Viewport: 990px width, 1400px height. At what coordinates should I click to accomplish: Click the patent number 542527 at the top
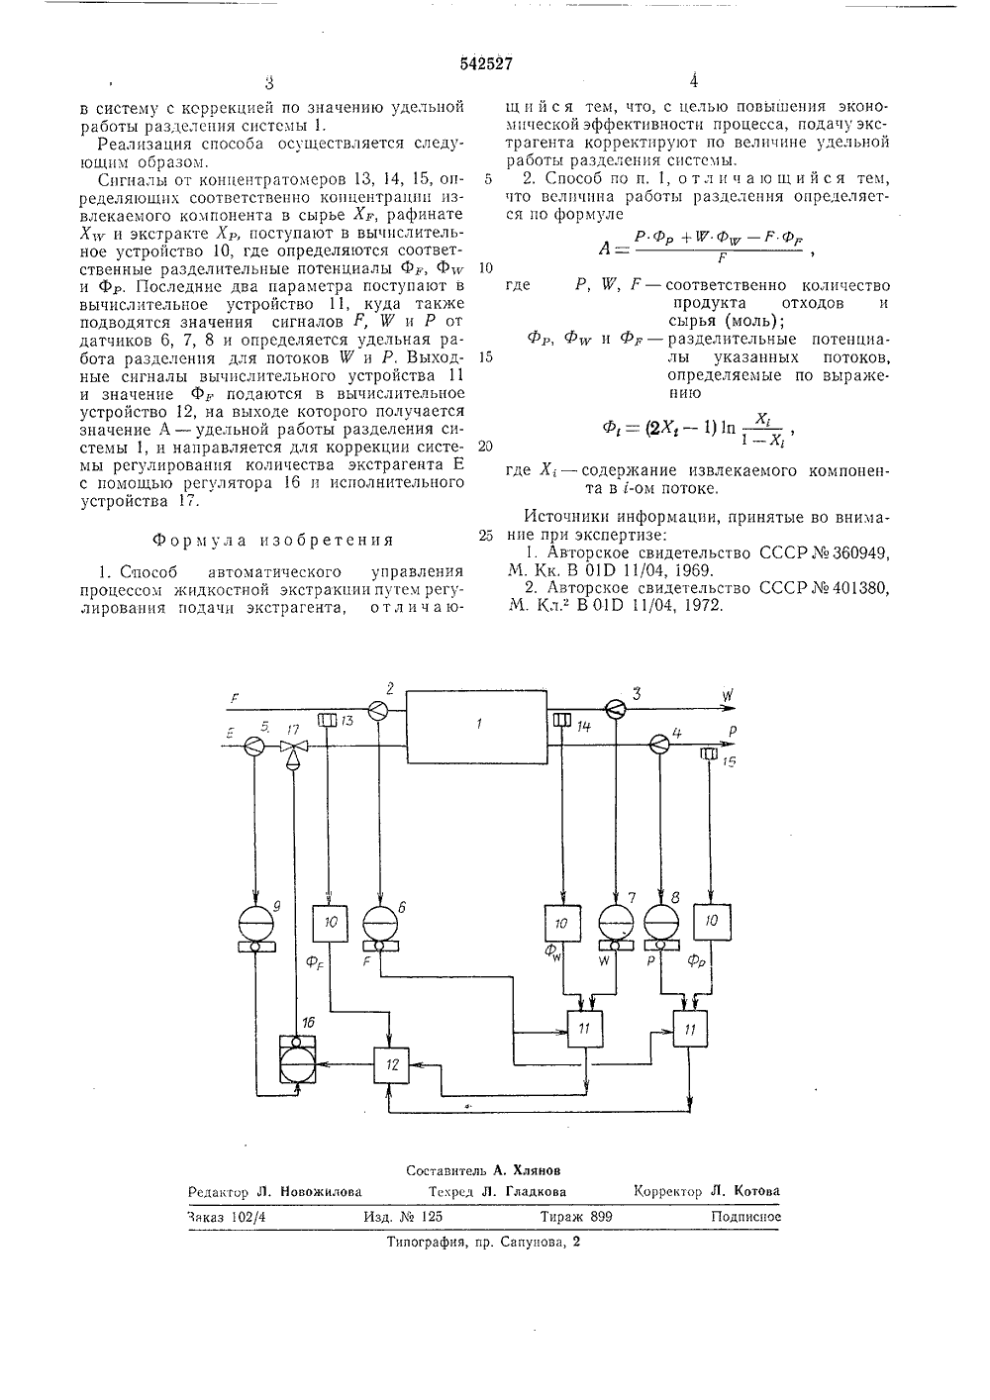[486, 63]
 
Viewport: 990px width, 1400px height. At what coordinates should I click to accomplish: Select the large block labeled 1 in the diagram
[476, 727]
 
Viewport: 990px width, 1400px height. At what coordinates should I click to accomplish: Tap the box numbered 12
[391, 1065]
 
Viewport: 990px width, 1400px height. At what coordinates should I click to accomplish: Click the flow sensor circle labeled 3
[616, 708]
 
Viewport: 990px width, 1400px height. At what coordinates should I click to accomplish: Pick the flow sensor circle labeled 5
[254, 745]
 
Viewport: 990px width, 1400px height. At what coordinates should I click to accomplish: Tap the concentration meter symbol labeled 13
[327, 720]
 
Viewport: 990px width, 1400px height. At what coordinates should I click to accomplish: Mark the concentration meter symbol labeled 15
[709, 753]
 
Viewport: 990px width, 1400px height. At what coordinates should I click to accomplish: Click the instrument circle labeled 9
[256, 925]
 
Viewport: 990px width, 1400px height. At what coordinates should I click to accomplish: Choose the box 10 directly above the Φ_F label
[330, 922]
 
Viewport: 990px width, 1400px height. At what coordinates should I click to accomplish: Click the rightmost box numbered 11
[690, 1029]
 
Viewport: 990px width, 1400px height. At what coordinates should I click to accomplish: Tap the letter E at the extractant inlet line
[230, 734]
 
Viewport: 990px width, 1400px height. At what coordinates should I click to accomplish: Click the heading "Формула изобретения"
[273, 540]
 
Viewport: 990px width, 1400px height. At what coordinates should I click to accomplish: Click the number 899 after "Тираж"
[601, 1216]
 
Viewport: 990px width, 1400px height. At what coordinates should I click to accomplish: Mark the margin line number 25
[486, 535]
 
